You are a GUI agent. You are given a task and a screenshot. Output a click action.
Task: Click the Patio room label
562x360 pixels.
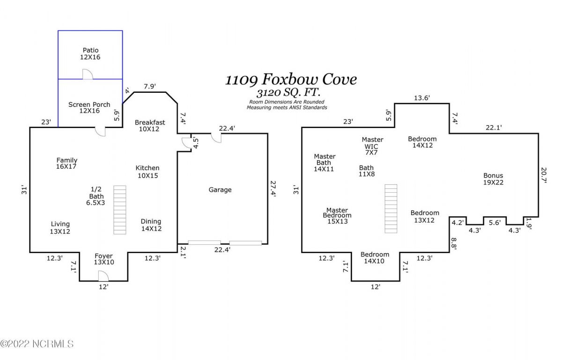point(90,53)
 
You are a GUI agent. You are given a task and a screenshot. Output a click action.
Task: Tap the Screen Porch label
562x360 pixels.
point(89,107)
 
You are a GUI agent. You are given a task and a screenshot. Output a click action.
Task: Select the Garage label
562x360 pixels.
point(220,190)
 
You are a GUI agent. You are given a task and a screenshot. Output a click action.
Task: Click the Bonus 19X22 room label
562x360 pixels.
point(493,179)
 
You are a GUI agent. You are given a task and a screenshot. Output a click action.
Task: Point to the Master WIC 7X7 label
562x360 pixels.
point(372,146)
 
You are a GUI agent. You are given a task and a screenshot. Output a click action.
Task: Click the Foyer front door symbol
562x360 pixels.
point(104,277)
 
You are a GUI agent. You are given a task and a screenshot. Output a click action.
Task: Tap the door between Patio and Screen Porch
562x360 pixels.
point(87,75)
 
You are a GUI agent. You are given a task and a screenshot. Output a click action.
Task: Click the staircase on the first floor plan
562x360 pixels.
point(120,210)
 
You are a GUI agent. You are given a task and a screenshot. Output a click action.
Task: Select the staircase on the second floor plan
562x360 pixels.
point(391,208)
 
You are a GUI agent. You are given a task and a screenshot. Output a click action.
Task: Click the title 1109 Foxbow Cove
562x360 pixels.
point(291,79)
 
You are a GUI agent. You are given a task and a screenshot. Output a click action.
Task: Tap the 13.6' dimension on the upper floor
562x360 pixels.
point(421,98)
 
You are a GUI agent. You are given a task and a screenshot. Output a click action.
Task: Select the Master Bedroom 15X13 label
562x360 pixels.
point(337,216)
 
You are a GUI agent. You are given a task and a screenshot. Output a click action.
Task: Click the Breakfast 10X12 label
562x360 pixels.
point(150,126)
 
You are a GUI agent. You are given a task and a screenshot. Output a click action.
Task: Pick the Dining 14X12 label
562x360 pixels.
point(151,225)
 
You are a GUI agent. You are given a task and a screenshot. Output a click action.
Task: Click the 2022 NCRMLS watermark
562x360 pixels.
point(37,344)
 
